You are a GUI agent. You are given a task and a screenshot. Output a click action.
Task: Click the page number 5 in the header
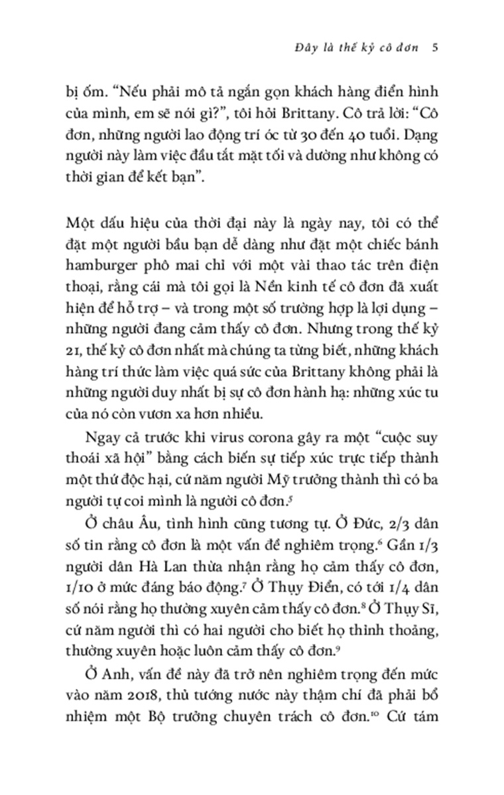(432, 48)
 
